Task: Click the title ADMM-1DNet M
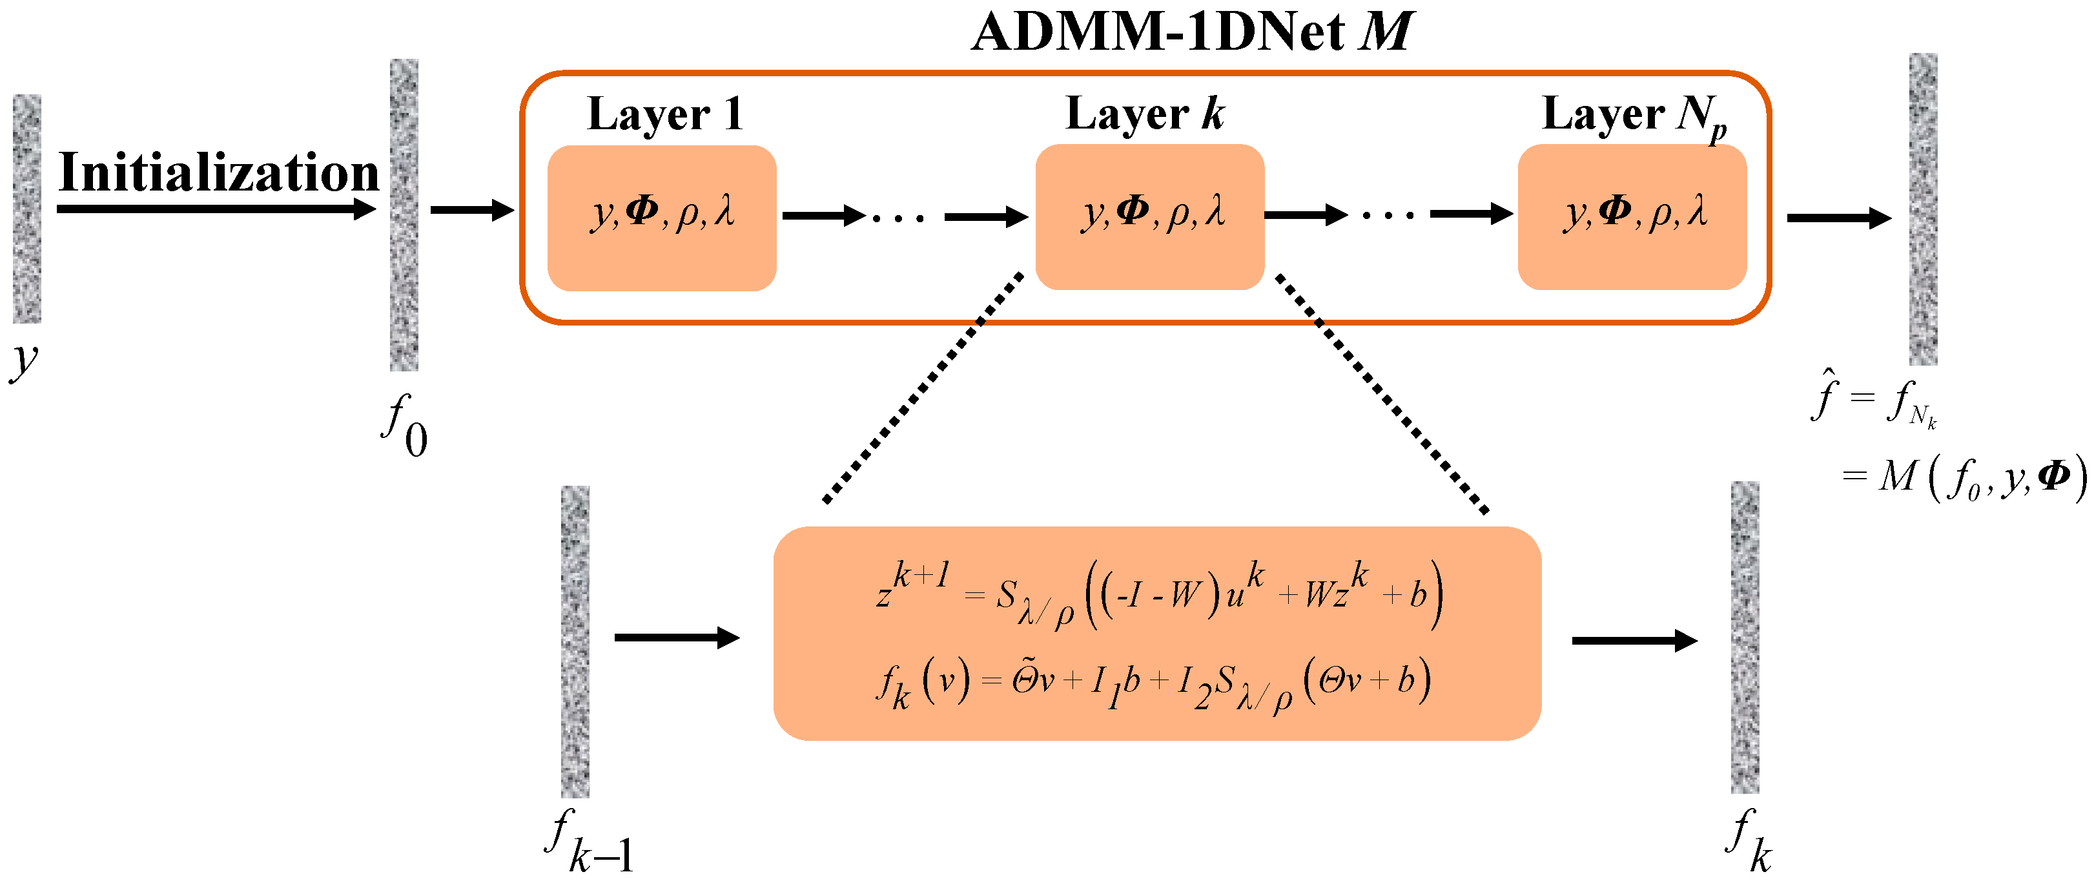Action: (1192, 32)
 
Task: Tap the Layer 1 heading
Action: (665, 114)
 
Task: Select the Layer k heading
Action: (1145, 114)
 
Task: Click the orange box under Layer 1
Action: (662, 217)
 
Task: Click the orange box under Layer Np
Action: (1632, 217)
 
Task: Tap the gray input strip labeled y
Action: (27, 208)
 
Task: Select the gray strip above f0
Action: (404, 214)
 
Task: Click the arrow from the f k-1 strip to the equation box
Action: (676, 638)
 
